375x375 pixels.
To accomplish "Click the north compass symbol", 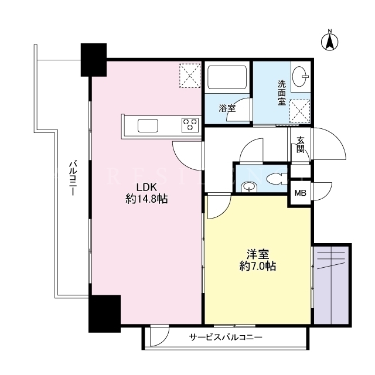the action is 329,42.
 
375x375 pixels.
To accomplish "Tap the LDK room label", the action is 146,187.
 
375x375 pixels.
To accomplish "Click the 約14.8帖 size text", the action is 146,199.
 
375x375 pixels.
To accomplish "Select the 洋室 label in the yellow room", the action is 258,254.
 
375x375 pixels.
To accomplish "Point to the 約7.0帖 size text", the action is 258,266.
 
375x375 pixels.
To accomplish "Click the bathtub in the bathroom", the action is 227,77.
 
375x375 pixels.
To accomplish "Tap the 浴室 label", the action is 227,108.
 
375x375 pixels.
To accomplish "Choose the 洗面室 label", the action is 282,93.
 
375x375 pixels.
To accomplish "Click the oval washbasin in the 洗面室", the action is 299,76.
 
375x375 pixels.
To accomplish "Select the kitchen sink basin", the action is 148,126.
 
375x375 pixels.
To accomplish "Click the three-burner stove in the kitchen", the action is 190,125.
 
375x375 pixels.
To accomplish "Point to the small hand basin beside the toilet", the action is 249,187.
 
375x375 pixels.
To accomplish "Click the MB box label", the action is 301,193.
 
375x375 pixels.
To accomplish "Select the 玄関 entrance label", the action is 301,145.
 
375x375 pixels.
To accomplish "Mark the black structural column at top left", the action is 94,60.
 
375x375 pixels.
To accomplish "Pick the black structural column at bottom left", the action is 104,314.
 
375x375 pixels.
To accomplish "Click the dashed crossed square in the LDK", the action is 190,76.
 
